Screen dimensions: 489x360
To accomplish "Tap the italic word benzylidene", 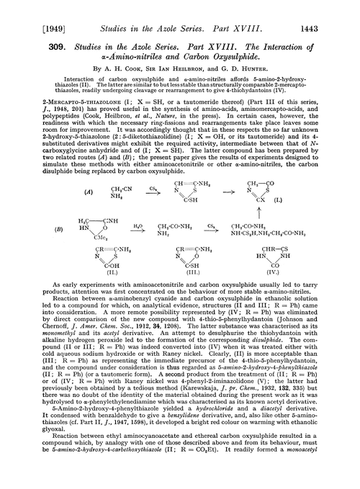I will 179,444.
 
